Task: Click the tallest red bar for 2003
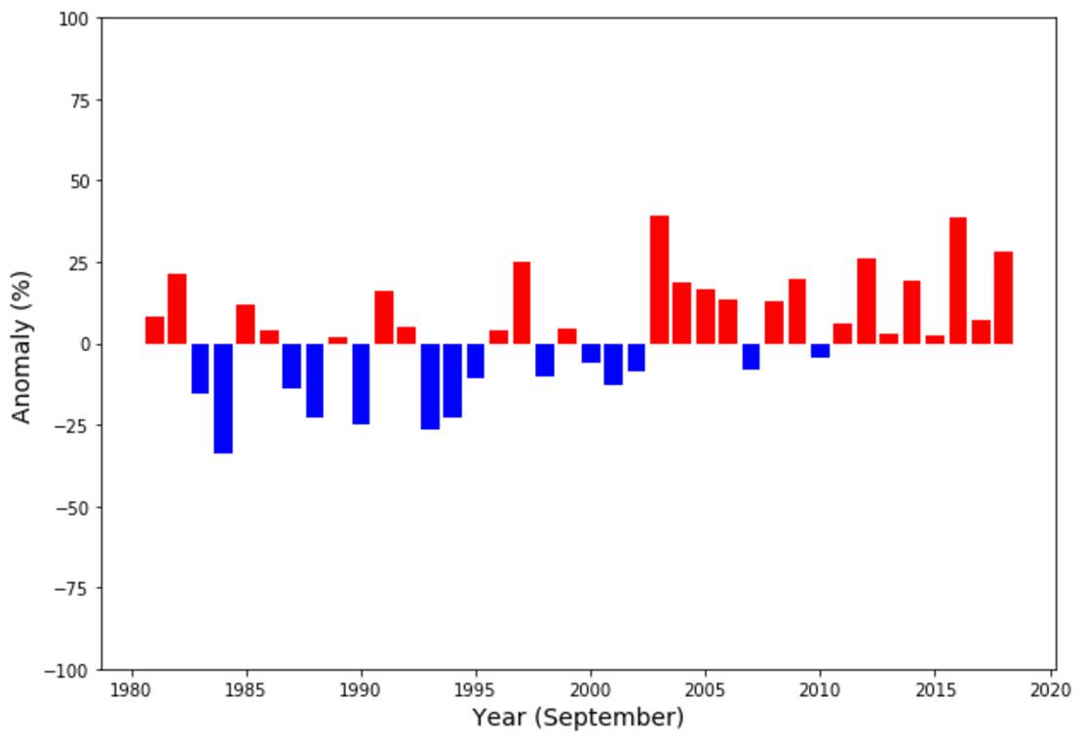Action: (659, 280)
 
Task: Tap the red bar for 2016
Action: (957, 281)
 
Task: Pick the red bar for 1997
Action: (522, 303)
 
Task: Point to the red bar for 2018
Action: (1003, 297)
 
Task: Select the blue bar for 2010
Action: (820, 351)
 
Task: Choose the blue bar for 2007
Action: (751, 357)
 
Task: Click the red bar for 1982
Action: (176, 309)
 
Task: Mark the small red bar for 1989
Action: (337, 340)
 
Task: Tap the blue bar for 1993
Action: (430, 386)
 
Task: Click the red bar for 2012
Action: (866, 301)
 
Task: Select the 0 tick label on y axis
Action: (85, 344)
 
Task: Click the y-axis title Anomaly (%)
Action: (22, 346)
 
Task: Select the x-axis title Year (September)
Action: (578, 719)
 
